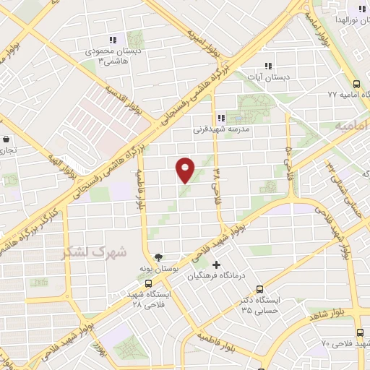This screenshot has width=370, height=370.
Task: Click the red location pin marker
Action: pyautogui.click(x=186, y=169)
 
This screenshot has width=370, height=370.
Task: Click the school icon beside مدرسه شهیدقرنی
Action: pyautogui.click(x=221, y=118)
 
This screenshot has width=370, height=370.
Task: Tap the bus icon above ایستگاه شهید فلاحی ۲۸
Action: pyautogui.click(x=148, y=283)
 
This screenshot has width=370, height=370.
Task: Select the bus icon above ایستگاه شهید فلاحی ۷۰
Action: pyautogui.click(x=359, y=332)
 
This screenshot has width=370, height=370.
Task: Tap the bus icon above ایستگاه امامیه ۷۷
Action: pyautogui.click(x=358, y=83)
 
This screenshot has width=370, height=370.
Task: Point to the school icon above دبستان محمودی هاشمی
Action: pyautogui.click(x=113, y=40)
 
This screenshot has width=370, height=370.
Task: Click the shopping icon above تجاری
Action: pyautogui.click(x=7, y=139)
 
